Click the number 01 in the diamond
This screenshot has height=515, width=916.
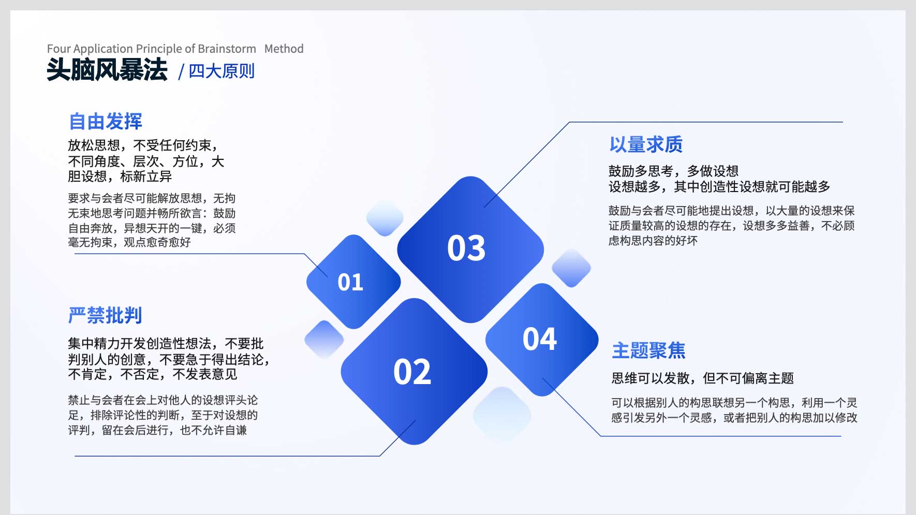pos(350,282)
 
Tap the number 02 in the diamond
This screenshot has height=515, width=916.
pos(412,372)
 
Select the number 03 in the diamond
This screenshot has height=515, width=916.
pos(466,248)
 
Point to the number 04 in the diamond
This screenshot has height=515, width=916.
pos(540,339)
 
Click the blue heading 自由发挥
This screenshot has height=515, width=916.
pos(106,122)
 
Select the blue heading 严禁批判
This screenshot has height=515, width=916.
pos(105,315)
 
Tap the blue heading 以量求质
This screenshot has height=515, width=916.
pos(646,144)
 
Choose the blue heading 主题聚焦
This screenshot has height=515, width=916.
pos(648,350)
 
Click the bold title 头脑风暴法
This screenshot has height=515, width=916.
pos(107,69)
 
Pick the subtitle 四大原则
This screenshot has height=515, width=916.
pos(221,71)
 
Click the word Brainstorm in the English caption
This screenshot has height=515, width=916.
pos(227,49)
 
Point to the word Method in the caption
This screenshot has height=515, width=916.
pos(284,49)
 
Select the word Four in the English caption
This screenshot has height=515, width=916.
pos(58,49)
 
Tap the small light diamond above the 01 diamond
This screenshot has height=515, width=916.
pos(385,218)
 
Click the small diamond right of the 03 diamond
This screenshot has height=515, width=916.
pos(571,268)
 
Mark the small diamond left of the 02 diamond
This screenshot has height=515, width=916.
pos(324,340)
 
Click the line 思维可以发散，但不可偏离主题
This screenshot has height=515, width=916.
pos(702,378)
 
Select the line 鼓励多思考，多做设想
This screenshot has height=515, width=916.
pos(673,171)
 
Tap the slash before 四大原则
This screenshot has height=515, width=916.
pos(181,72)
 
